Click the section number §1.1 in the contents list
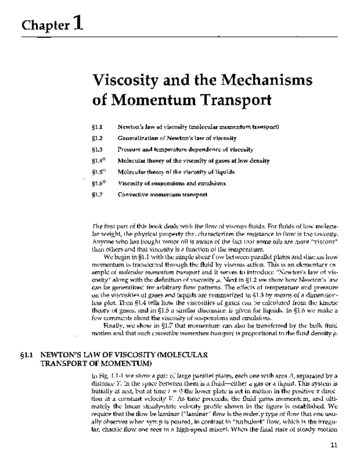98,126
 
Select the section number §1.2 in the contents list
98,138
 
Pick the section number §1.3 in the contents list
98,149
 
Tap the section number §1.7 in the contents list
98,194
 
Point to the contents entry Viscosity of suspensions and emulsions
178,183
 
